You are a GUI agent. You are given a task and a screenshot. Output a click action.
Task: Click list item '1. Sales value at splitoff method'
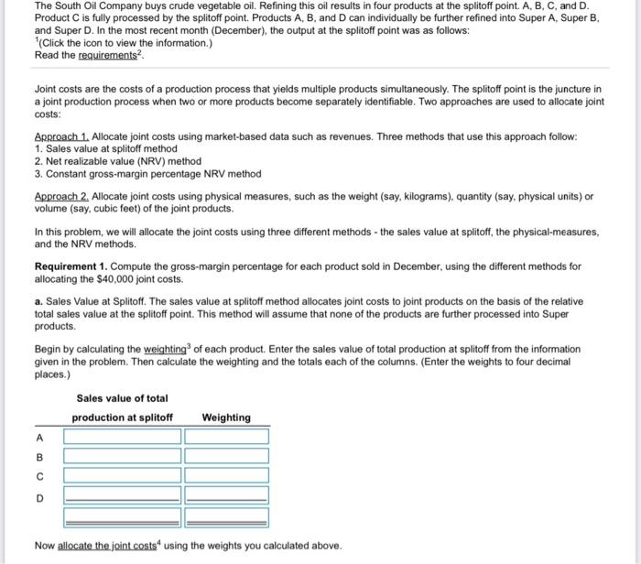tap(105, 148)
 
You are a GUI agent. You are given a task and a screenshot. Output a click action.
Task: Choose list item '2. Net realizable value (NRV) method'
tap(117, 161)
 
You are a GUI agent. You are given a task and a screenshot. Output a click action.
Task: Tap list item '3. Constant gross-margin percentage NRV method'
tap(147, 173)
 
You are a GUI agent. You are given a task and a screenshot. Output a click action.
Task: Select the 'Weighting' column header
tap(226, 418)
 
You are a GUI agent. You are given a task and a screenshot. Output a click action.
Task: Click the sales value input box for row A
tap(122, 436)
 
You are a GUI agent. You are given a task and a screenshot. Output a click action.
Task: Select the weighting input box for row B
tap(226, 456)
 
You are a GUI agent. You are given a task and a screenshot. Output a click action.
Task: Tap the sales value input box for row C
tap(122, 476)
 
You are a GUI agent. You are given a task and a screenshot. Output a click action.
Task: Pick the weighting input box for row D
tap(226, 496)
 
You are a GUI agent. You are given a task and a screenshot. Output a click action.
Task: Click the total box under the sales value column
tap(122, 517)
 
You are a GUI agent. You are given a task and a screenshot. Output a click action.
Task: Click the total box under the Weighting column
tap(226, 517)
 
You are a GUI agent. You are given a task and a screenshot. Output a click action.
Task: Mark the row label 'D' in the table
tap(39, 498)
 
